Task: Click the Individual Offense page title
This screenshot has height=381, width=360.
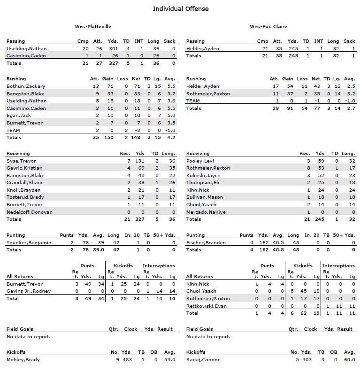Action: tap(181, 8)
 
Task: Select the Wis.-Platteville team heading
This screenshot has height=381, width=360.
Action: tap(93, 27)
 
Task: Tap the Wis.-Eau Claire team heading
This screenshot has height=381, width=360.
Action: tap(268, 27)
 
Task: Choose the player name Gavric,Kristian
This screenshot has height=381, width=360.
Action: tap(24, 168)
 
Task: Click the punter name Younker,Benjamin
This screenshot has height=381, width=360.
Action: tap(29, 242)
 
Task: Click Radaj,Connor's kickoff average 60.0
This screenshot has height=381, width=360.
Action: tap(349, 359)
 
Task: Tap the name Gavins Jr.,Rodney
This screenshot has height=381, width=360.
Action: tap(29, 291)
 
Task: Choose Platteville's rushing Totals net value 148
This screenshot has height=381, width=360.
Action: tap(137, 138)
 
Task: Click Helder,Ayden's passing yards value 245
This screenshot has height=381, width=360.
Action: tap(292, 48)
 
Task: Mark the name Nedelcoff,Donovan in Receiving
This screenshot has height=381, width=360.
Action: tap(29, 212)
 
